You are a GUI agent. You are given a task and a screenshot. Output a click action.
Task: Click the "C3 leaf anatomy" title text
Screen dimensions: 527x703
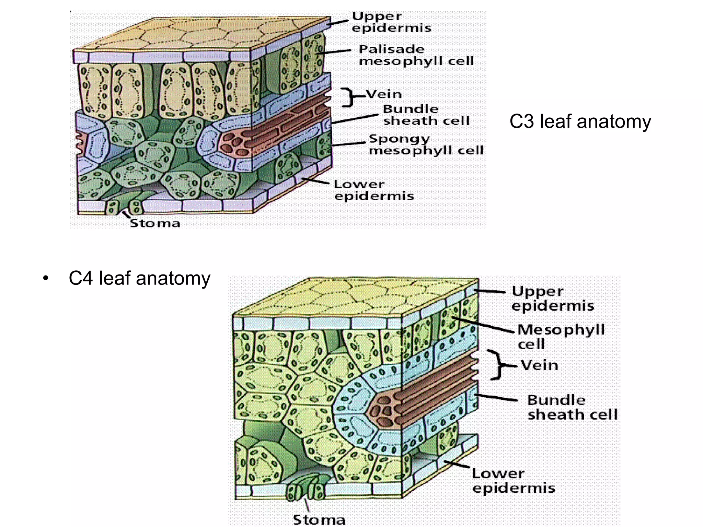(x=580, y=122)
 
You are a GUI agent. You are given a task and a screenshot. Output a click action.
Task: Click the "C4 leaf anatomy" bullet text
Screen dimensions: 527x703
(x=139, y=278)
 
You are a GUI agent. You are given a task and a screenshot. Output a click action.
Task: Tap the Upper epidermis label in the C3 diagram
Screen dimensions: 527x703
(x=391, y=22)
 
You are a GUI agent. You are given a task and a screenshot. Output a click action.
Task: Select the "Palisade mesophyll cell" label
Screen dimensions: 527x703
(x=416, y=55)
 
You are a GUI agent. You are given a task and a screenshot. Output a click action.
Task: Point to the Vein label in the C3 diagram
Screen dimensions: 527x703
(x=384, y=94)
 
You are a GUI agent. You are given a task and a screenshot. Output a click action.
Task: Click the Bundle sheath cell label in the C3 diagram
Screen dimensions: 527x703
(x=426, y=115)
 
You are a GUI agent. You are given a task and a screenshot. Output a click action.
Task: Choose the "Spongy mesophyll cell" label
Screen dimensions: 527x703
(x=426, y=144)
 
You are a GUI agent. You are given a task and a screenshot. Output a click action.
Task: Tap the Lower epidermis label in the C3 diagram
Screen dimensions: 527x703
(x=374, y=190)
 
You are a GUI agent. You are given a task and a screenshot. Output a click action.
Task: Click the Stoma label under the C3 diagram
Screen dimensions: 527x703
(x=155, y=223)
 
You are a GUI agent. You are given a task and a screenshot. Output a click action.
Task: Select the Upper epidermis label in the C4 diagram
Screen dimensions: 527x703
(x=553, y=298)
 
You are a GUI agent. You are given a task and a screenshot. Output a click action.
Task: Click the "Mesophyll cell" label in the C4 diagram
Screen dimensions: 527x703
(x=561, y=336)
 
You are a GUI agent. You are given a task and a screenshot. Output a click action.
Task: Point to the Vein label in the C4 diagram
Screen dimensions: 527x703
(x=540, y=365)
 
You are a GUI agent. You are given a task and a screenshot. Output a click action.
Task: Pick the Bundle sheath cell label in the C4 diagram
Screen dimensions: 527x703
(x=572, y=407)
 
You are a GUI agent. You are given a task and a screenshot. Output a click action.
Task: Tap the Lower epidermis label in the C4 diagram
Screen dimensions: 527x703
(x=514, y=481)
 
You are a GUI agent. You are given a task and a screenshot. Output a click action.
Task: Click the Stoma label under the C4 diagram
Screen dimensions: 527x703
(x=319, y=520)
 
